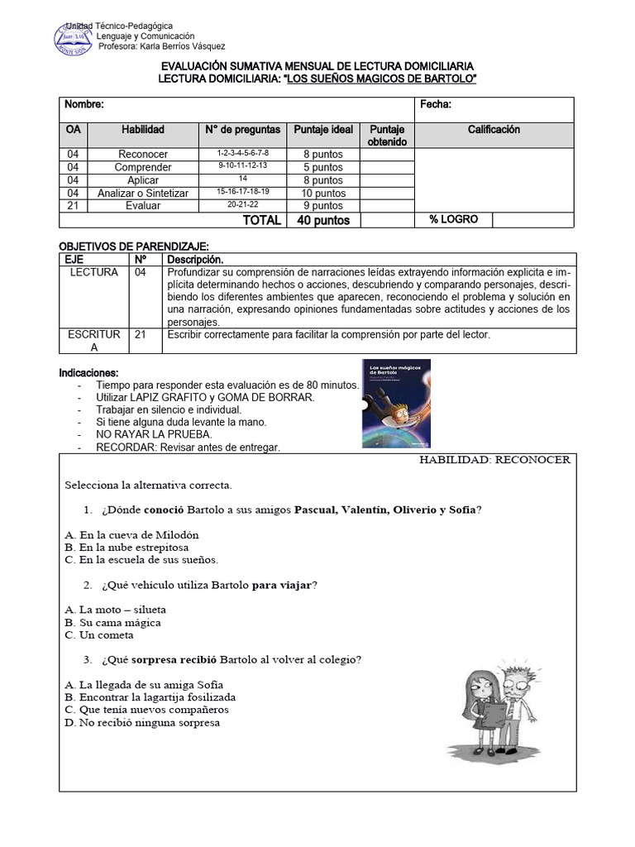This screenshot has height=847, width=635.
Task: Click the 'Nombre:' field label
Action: tap(84, 105)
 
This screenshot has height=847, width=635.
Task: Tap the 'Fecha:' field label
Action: tap(435, 105)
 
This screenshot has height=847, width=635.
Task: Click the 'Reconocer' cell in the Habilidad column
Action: tap(143, 155)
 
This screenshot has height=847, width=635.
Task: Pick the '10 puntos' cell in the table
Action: tap(323, 193)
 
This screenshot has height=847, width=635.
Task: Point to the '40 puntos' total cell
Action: tap(323, 220)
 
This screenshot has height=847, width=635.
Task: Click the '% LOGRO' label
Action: tap(453, 219)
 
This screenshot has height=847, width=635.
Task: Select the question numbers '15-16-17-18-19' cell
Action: tap(242, 192)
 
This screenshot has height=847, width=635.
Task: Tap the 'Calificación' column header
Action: tap(494, 130)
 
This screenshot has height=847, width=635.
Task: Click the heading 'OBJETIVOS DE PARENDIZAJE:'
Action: tap(134, 247)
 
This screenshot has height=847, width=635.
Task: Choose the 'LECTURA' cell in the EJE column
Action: tap(93, 272)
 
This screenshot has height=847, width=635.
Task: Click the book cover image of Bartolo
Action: tap(396, 404)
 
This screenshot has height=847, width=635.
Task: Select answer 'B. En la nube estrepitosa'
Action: tap(127, 548)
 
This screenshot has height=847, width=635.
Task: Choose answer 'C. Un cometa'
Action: tap(98, 635)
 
